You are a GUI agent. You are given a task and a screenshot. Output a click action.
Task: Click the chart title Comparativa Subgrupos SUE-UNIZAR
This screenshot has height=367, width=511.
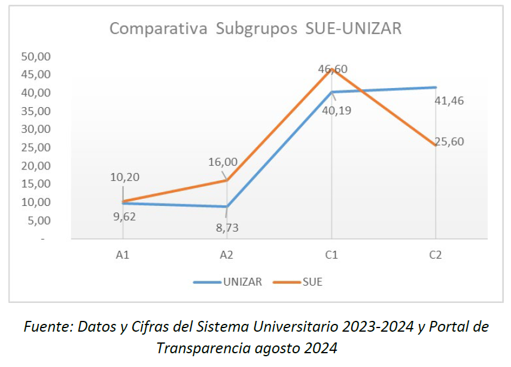[255, 29]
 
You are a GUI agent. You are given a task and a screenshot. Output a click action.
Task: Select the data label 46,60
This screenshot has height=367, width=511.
[333, 69]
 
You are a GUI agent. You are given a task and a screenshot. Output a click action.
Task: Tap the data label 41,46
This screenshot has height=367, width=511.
[449, 101]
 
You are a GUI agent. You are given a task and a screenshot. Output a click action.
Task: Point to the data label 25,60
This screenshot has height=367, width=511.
[449, 142]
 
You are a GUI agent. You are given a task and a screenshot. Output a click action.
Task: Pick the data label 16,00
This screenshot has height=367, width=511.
[223, 162]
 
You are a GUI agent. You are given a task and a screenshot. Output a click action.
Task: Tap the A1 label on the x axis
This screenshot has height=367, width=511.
[123, 255]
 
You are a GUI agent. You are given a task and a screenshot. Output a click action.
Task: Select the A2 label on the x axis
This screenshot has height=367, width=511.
[226, 255]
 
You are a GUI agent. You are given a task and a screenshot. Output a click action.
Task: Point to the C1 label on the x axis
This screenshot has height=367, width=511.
[331, 255]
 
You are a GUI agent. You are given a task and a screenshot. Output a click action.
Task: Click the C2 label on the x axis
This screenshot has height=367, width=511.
[436, 255]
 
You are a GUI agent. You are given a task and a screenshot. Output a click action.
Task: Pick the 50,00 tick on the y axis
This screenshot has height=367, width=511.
[36, 56]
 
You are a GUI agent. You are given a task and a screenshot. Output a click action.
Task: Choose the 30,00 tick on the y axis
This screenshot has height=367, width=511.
[36, 129]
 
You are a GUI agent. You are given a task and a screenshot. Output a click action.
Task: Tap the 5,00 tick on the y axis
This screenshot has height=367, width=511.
[39, 220]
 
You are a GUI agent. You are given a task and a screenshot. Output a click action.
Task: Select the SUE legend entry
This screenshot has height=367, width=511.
[312, 282]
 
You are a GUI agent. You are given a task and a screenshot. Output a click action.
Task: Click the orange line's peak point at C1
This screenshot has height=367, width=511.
[331, 69]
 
